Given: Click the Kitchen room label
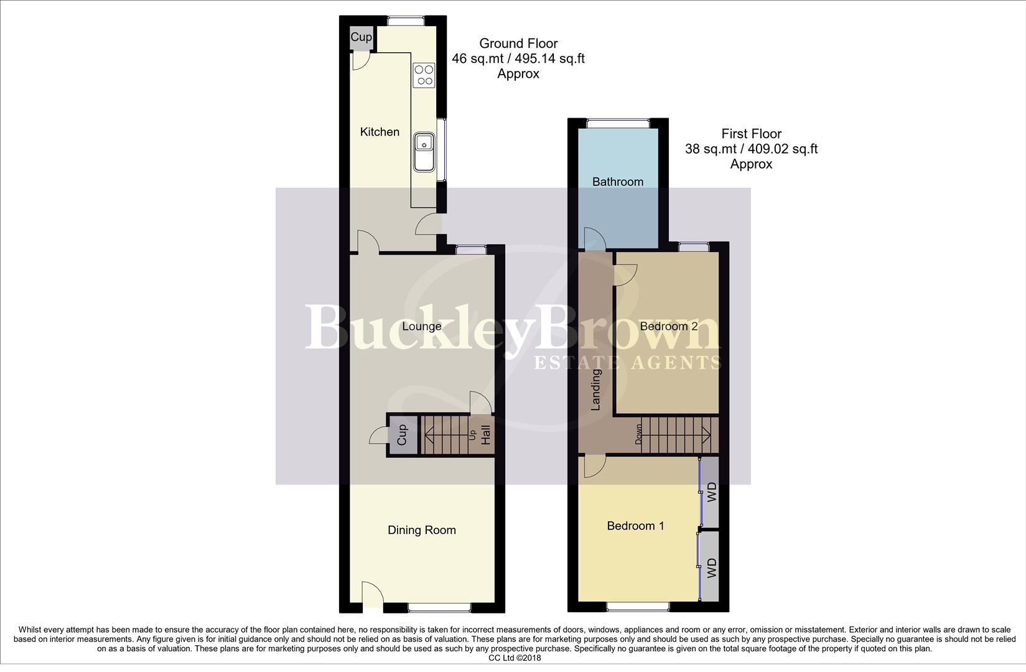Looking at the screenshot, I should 380,132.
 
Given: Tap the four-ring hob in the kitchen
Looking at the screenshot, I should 424,75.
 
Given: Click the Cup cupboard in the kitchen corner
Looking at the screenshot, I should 361,38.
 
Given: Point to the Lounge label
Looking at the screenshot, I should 421,326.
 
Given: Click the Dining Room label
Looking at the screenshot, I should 421,530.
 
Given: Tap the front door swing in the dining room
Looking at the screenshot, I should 372,593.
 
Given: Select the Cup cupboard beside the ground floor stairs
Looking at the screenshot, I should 401,435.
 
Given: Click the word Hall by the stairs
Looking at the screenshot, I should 485,434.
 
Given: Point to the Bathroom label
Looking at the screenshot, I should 617,182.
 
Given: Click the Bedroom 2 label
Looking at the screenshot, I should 668,326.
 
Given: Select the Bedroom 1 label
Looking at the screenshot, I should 635,526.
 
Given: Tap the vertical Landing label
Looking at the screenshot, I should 595,390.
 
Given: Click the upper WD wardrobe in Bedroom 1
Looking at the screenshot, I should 712,492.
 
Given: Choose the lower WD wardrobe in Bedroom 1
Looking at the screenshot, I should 712,567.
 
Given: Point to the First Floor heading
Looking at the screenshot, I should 751,134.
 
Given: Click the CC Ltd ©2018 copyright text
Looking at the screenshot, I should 515,658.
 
